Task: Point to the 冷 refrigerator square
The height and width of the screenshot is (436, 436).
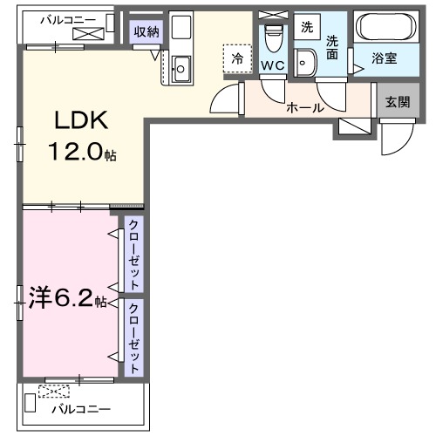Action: point(236,58)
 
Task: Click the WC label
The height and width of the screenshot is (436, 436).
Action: point(272,65)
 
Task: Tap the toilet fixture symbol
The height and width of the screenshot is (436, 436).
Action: point(272,37)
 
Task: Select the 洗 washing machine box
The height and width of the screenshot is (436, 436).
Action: point(306,27)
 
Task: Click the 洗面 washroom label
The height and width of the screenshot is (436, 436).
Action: point(333,47)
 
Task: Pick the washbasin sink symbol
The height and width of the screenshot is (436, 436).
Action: point(306,61)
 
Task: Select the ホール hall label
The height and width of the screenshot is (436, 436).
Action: point(305,108)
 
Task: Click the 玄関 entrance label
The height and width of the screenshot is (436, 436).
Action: point(397,101)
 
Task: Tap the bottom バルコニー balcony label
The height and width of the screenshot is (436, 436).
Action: point(80,408)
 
